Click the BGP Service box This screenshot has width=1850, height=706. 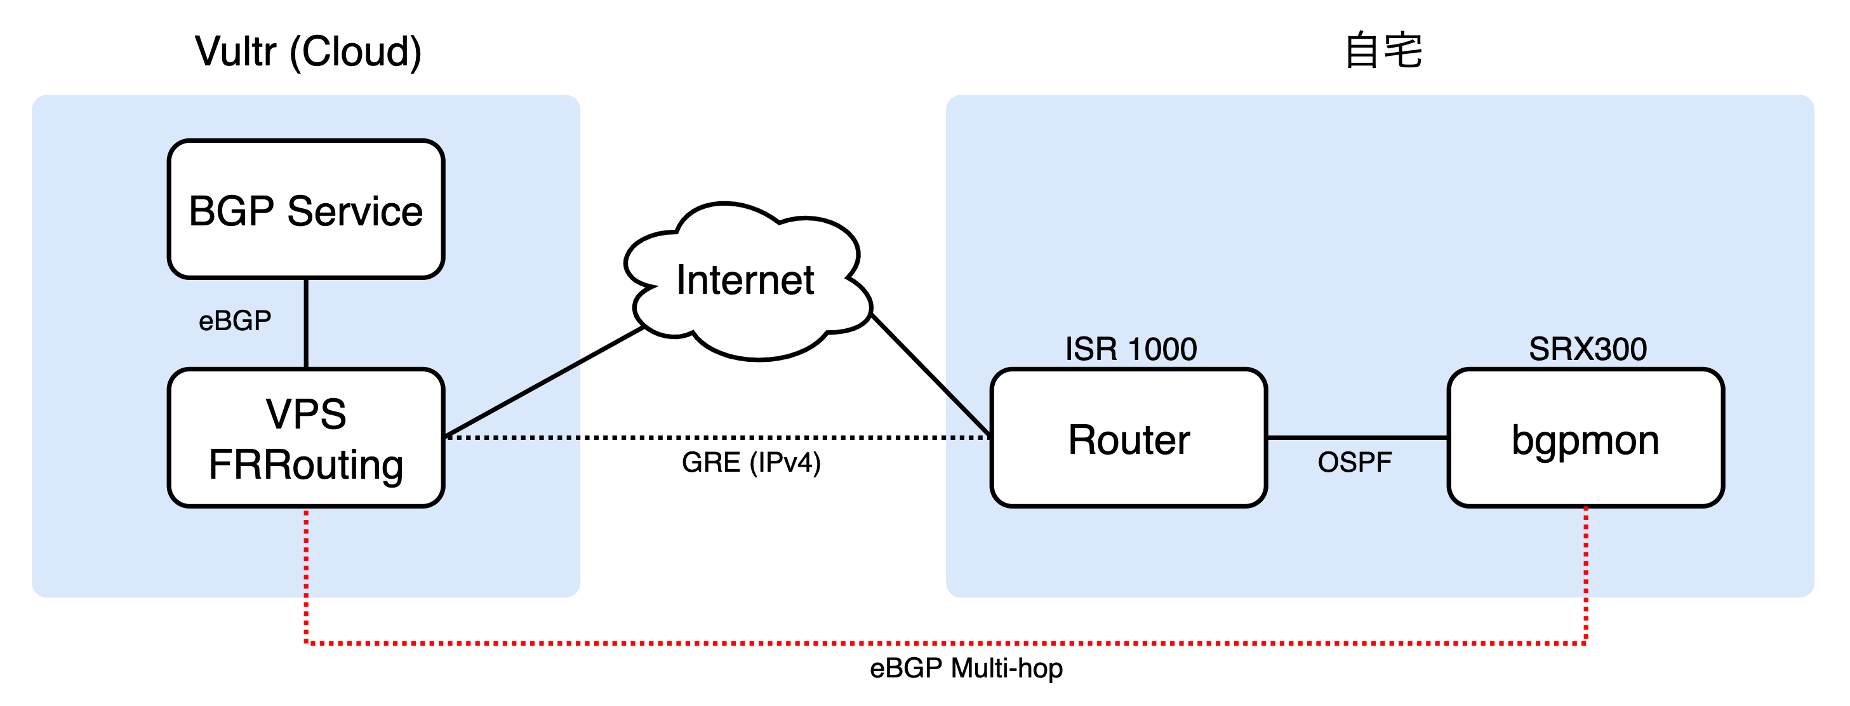pos(306,209)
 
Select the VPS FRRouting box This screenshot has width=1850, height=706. pos(306,437)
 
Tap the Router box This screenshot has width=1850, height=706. pos(1128,437)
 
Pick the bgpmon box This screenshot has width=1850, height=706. pos(1586,437)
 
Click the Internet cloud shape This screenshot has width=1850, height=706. pos(747,280)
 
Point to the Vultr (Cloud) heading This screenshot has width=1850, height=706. pos(308,51)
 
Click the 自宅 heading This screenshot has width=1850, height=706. pos(1383,50)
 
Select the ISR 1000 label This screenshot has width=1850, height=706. pos(1131,349)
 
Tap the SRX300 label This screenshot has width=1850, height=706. pos(1587,349)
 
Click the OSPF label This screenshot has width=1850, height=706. pos(1354,462)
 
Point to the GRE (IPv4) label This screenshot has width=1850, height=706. pos(750,462)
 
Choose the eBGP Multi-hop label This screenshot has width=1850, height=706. pos(966,668)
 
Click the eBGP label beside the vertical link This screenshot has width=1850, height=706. pos(235,321)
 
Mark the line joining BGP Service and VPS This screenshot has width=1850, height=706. pos(306,323)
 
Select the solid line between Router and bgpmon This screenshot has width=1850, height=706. pos(1357,437)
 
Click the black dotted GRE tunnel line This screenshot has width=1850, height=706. pos(718,437)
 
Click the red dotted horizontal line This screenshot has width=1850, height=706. pos(934,643)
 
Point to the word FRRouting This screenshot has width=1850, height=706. pos(306,464)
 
